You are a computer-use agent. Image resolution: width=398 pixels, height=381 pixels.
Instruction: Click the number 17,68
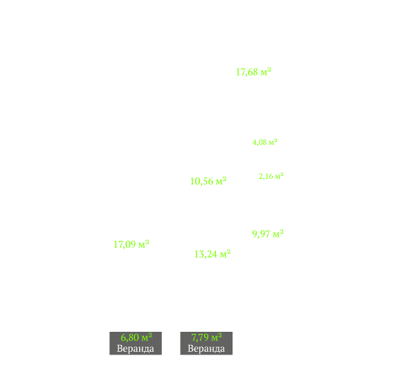(247, 72)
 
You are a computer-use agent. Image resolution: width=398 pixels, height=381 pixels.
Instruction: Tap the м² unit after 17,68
(266, 71)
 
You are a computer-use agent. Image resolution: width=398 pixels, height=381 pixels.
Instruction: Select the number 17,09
(125, 245)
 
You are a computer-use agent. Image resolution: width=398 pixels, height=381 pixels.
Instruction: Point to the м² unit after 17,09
(144, 244)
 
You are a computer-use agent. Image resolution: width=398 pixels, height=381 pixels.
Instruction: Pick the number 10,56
(202, 181)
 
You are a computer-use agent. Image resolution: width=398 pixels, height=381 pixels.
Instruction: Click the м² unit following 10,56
(221, 181)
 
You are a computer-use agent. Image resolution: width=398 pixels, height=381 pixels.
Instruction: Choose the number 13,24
(206, 254)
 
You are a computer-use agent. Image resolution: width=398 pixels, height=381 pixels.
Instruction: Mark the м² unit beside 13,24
(225, 254)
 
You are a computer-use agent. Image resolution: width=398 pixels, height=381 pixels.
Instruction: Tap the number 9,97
(261, 234)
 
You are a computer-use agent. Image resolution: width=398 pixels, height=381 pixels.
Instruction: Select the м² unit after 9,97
(278, 233)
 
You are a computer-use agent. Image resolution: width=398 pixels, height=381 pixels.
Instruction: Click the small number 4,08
(260, 142)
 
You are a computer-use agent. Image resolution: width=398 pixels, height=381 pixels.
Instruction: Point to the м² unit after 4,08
(273, 142)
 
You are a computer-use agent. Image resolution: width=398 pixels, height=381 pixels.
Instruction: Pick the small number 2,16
(266, 176)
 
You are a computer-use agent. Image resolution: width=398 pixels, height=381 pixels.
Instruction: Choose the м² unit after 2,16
(280, 176)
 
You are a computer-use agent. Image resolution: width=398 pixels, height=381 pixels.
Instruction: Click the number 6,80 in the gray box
(130, 337)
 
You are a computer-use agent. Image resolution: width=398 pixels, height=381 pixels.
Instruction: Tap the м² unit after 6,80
(147, 337)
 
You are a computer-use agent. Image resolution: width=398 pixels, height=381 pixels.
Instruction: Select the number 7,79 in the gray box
(200, 337)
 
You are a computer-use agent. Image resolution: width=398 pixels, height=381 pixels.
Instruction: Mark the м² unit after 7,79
(217, 337)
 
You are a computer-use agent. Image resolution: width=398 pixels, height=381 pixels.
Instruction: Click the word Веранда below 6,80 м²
(136, 348)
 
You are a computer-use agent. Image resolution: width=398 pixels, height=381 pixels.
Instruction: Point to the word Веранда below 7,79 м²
(206, 348)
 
